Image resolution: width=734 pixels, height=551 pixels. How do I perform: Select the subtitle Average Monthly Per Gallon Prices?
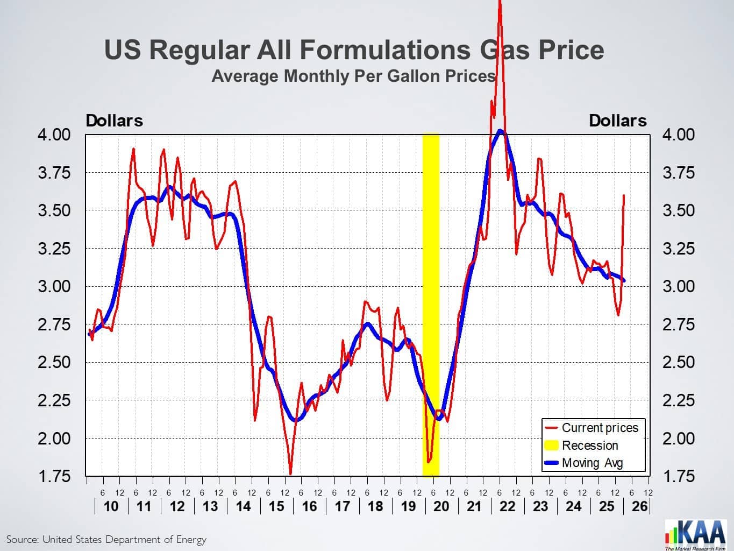point(353,76)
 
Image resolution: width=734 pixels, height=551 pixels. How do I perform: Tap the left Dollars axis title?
point(115,121)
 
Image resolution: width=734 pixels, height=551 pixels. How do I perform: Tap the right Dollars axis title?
point(618,121)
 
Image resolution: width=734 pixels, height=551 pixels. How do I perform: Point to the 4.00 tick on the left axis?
point(54,135)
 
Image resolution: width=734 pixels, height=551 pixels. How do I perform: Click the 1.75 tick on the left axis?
point(54,477)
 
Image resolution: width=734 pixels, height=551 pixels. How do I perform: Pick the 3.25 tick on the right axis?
point(679,249)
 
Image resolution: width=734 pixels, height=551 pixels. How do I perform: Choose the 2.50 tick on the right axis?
point(679,362)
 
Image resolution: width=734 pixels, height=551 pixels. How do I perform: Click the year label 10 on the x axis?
point(111,506)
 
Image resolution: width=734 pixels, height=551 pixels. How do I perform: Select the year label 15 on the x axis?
point(276,506)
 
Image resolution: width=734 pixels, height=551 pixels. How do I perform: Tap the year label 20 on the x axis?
point(441,506)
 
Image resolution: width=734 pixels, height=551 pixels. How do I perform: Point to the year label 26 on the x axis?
point(640,506)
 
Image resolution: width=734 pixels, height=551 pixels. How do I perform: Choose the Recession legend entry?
point(590,446)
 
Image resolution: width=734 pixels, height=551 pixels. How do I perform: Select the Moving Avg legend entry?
point(592,463)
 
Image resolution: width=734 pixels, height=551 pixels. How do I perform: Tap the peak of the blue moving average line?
point(500,131)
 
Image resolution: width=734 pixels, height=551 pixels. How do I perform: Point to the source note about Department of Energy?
point(106,539)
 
